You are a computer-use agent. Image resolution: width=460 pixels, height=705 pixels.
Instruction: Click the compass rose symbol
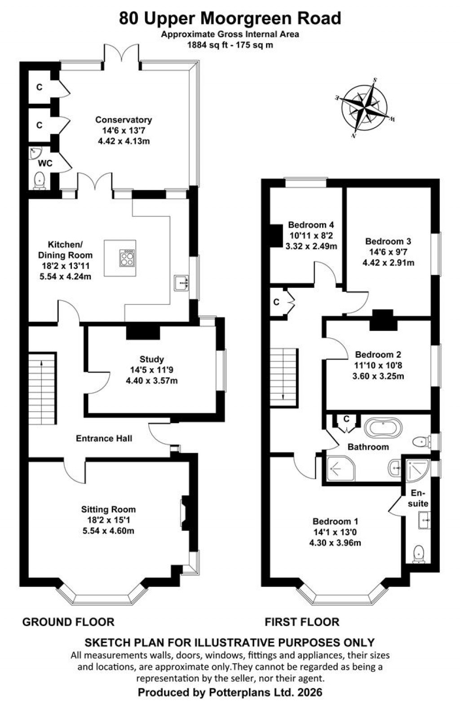367,108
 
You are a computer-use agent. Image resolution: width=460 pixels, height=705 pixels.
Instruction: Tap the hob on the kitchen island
127,258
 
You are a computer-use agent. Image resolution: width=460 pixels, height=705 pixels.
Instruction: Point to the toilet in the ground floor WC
40,180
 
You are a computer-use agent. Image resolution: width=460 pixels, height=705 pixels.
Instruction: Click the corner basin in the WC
35,153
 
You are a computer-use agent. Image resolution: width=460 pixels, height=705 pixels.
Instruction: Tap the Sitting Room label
108,509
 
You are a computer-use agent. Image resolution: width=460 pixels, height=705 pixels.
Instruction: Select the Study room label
151,359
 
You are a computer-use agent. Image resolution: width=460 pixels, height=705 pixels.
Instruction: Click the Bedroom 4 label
311,225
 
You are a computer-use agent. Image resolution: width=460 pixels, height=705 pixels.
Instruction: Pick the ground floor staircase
43,388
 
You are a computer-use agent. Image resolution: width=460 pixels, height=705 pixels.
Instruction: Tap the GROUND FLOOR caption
68,622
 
